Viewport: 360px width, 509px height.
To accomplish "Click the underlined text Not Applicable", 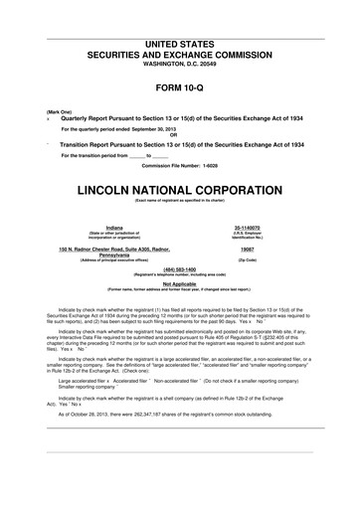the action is (x=180, y=283).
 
